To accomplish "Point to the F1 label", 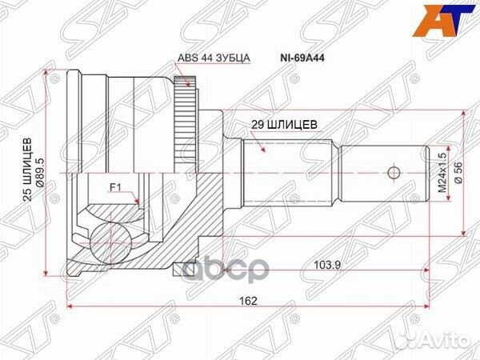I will tap(116, 189).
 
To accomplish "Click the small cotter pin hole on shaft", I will tap(392, 172).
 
